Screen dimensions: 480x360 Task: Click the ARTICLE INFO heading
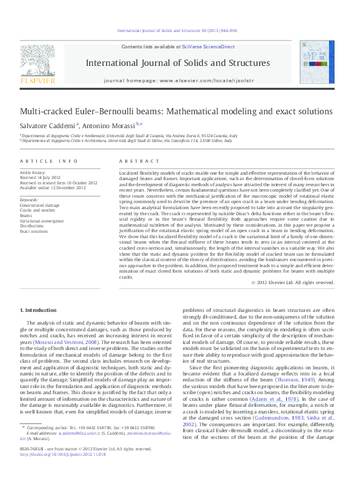point(49,161)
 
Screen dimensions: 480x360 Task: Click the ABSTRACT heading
point(135,161)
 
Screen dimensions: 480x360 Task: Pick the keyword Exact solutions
point(34,231)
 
